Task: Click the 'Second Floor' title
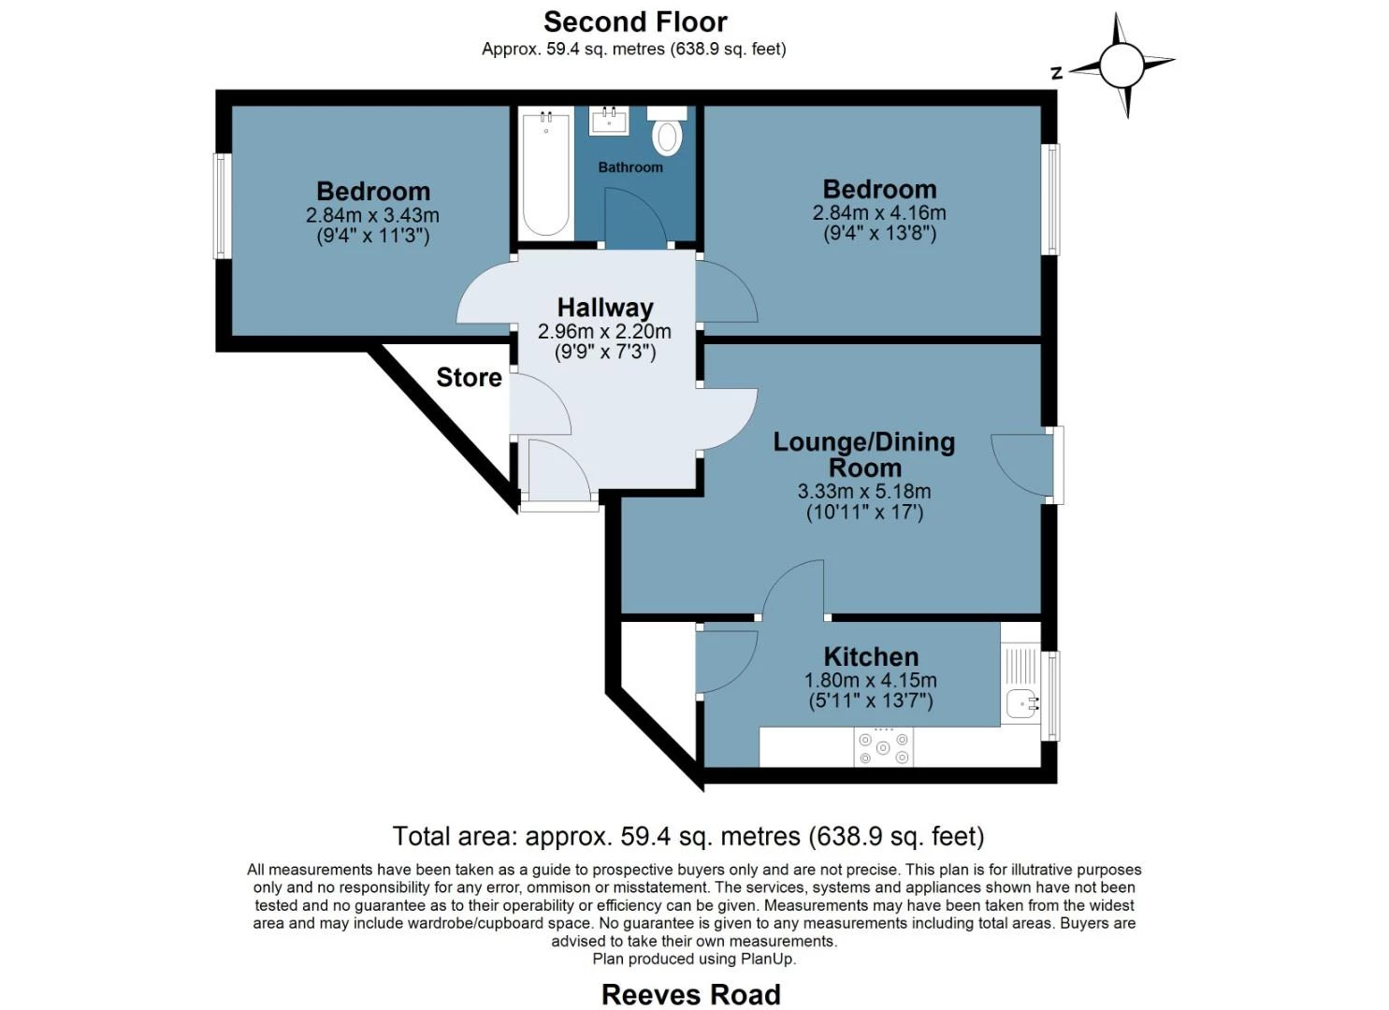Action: tap(635, 22)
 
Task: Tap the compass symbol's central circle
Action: tap(1121, 65)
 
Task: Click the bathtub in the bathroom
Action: tap(545, 174)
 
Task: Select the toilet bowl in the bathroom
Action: tap(667, 137)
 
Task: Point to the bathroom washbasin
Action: tap(609, 121)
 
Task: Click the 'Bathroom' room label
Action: tap(630, 167)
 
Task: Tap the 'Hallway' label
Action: tap(605, 308)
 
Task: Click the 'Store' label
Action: tap(469, 378)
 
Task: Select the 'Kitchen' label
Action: tap(871, 656)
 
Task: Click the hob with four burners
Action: tap(883, 747)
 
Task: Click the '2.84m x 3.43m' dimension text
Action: tap(372, 216)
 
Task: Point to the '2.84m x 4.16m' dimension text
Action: tap(879, 213)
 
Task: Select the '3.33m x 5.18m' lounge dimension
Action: tap(863, 492)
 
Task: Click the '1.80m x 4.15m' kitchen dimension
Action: tap(871, 680)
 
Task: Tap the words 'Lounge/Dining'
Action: tap(863, 442)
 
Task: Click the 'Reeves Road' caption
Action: tap(691, 994)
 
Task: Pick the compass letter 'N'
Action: tap(1057, 73)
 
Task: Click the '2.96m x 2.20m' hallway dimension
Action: tap(604, 332)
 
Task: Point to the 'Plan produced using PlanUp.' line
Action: tap(694, 959)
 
